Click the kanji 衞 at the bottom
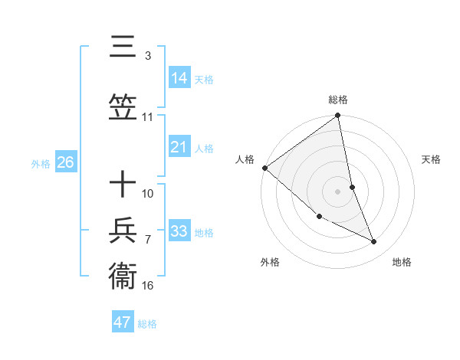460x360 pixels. coord(123,275)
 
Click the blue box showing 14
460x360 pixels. coord(179,77)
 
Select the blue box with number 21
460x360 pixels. coord(179,147)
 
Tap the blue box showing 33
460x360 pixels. coord(179,231)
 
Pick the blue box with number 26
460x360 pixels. coord(65,162)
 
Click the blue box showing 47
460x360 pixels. coord(123,322)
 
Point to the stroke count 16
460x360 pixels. coord(148,285)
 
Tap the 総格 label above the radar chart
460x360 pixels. coord(338,100)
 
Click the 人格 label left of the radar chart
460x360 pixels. coord(245,159)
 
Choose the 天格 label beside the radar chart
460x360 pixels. coord(431,159)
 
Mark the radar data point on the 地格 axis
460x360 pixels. coord(374,242)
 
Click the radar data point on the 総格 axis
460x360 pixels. coord(338,116)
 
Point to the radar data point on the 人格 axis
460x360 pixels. coord(264,168)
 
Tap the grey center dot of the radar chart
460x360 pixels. coord(338,191)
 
